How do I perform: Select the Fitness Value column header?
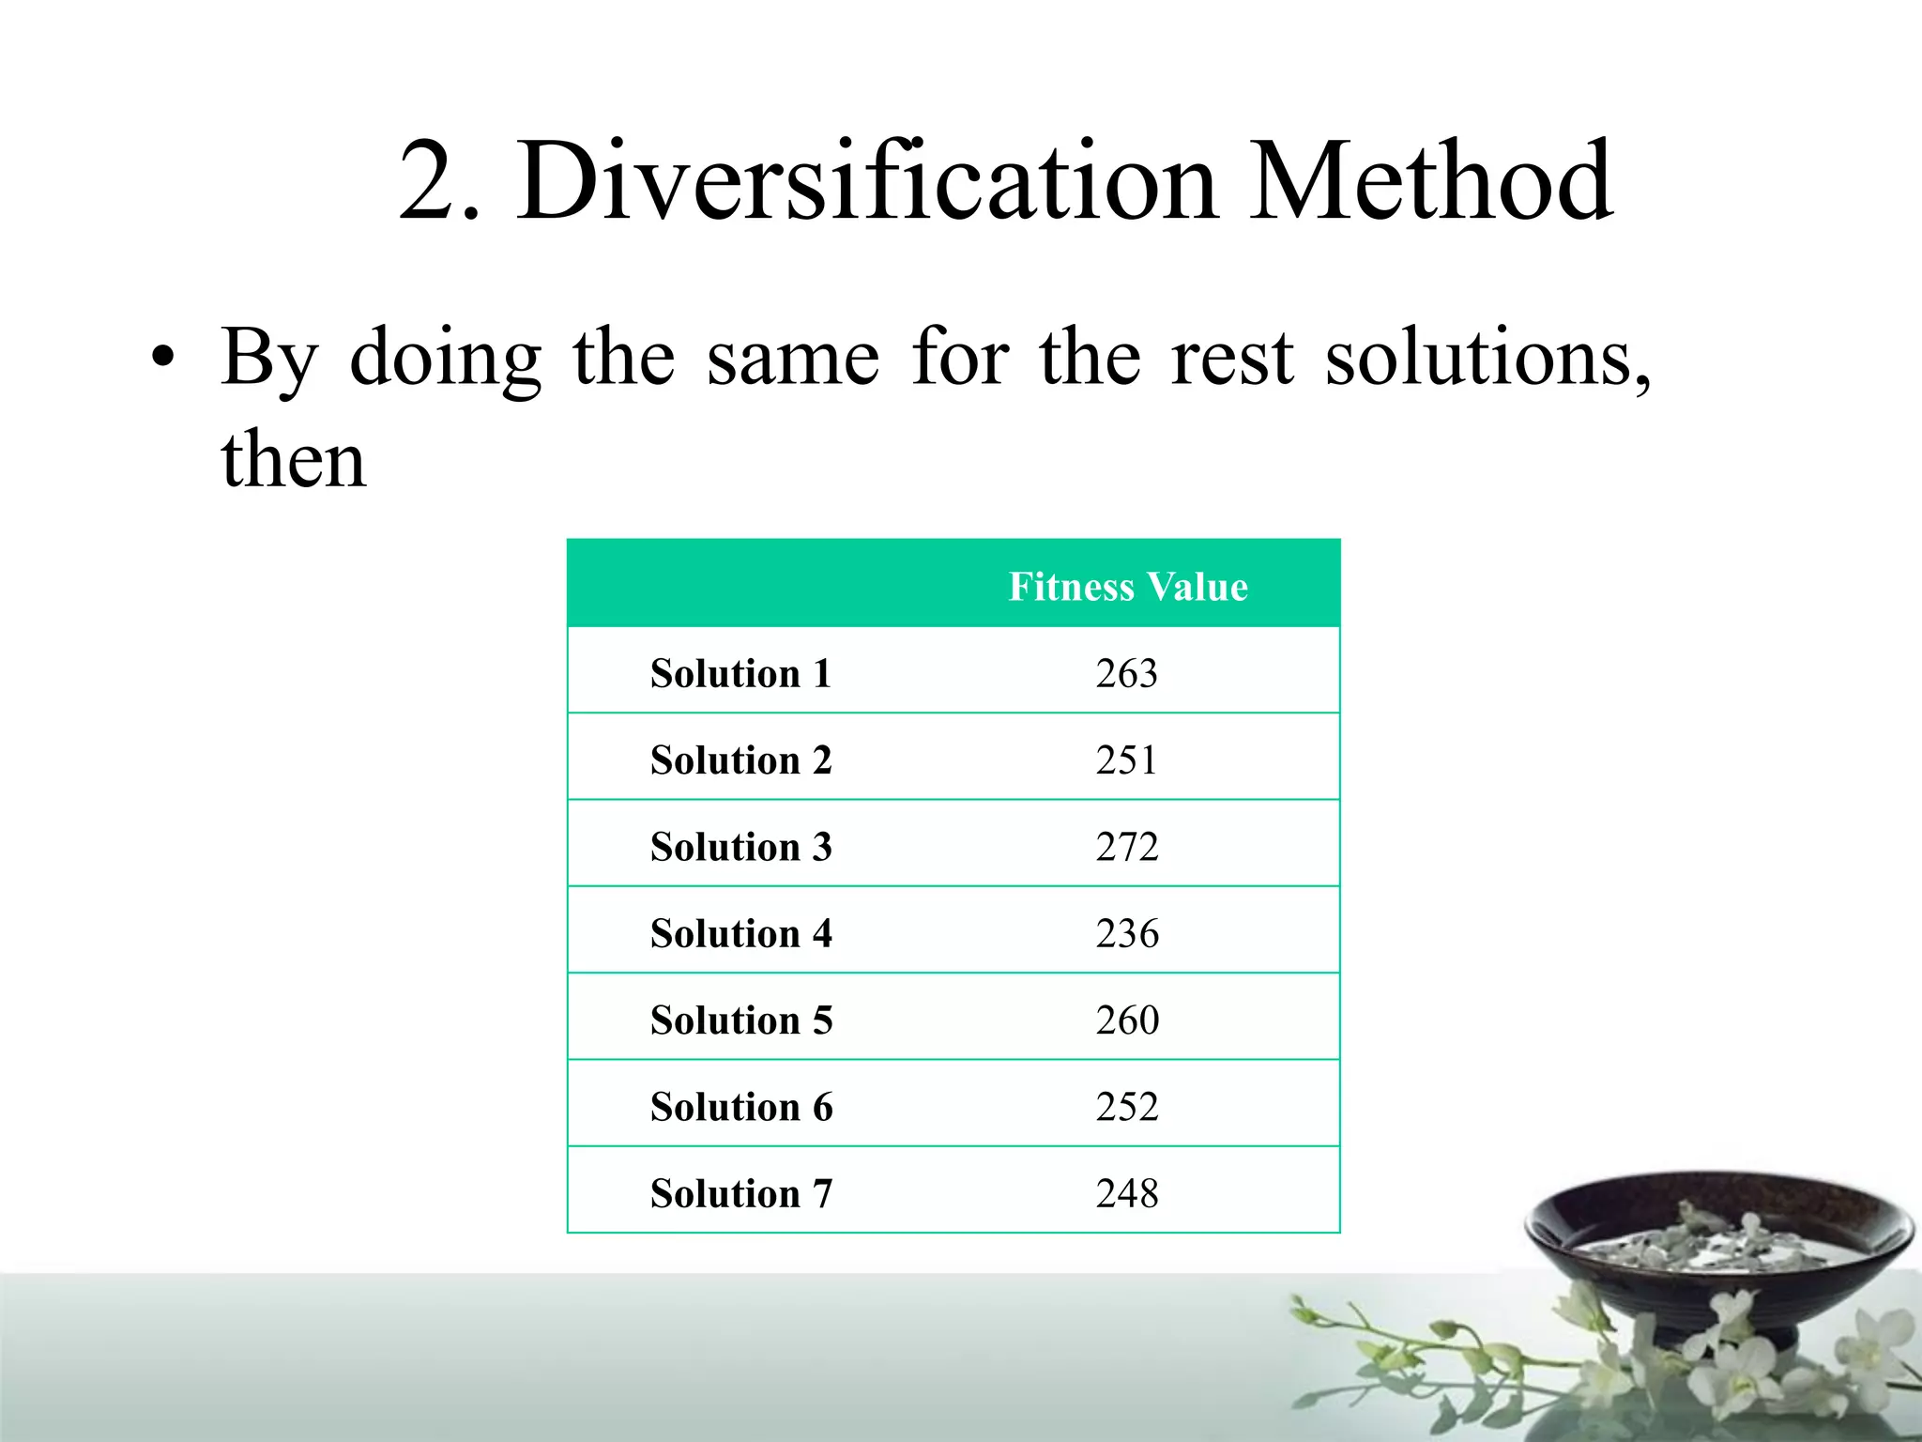click(x=1128, y=587)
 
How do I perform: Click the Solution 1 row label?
click(x=741, y=674)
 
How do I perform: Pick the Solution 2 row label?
click(x=741, y=760)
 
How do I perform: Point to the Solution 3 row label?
click(x=741, y=847)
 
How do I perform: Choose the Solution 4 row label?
click(x=741, y=934)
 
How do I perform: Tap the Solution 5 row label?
click(x=741, y=1020)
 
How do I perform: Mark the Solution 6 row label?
click(x=741, y=1108)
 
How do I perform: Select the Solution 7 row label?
click(x=741, y=1194)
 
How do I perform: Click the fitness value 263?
click(x=1127, y=674)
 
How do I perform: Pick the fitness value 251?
click(x=1127, y=760)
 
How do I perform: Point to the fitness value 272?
click(x=1127, y=847)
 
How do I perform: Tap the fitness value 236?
click(x=1127, y=934)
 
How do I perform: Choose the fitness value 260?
click(x=1127, y=1020)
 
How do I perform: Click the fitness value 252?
click(x=1127, y=1108)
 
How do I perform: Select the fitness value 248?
click(x=1127, y=1194)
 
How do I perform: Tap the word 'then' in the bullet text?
click(x=293, y=460)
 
